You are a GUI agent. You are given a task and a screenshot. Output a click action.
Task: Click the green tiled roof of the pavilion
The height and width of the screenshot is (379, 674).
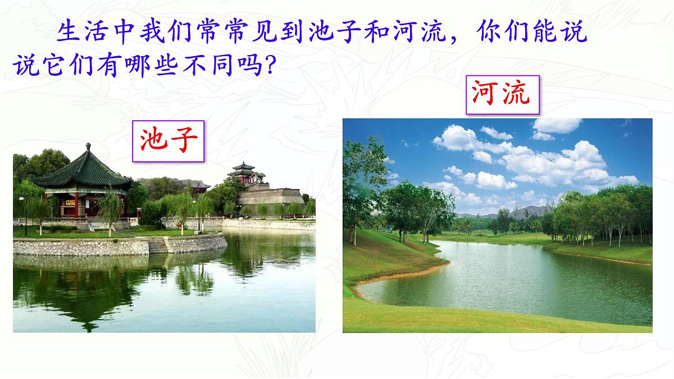pos(84,171)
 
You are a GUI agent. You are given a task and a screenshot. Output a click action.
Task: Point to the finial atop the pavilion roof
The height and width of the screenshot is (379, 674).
pos(88,147)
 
